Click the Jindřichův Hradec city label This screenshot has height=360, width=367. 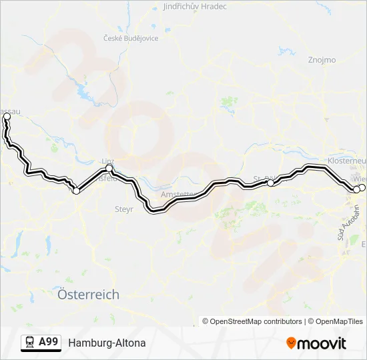pyautogui.click(x=195, y=7)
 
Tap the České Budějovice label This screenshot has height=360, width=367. pyautogui.click(x=130, y=38)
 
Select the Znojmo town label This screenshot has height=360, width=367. pyautogui.click(x=322, y=60)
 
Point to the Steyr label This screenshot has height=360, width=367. pyautogui.click(x=124, y=209)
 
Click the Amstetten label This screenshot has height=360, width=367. pyautogui.click(x=177, y=195)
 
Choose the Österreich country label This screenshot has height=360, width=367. pyautogui.click(x=89, y=294)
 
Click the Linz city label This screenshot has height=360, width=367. pyautogui.click(x=107, y=161)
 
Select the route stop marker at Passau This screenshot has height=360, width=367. pyautogui.click(x=7, y=117)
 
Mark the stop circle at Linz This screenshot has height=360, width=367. pyautogui.click(x=109, y=169)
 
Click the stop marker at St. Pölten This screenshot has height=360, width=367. pyautogui.click(x=270, y=182)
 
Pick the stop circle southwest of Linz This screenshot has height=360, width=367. pyautogui.click(x=76, y=191)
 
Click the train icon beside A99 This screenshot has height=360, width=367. pyautogui.click(x=30, y=343)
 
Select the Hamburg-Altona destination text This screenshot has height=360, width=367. pyautogui.click(x=107, y=343)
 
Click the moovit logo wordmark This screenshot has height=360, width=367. pyautogui.click(x=322, y=343)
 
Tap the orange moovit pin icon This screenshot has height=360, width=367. pyautogui.click(x=291, y=343)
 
